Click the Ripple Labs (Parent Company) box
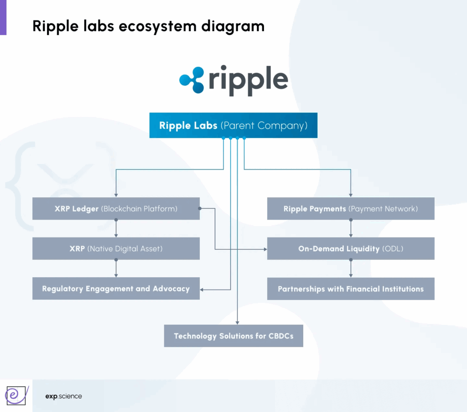tap(233, 125)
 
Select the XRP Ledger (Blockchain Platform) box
tap(116, 209)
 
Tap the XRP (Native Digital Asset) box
tap(116, 249)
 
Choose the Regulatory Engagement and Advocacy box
tap(116, 289)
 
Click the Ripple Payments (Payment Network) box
tap(350, 209)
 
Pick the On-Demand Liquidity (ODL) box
tap(350, 249)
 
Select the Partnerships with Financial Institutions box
tap(350, 289)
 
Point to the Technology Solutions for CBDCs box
tap(233, 336)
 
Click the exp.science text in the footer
tap(64, 396)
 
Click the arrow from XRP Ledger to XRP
tap(116, 229)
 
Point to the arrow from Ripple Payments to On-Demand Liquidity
tap(351, 229)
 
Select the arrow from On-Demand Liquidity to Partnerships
tap(351, 269)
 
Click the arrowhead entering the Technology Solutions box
tap(238, 322)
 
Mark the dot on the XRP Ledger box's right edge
tap(200, 209)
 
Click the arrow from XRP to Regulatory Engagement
tap(116, 269)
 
